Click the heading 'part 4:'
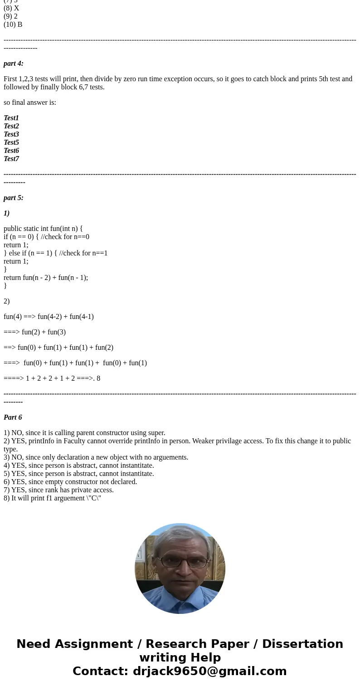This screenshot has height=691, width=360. [x=14, y=64]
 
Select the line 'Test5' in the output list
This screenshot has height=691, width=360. [x=11, y=142]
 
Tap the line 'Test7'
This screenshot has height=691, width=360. [x=11, y=159]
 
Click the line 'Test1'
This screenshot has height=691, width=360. [x=11, y=118]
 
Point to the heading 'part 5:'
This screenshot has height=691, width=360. [x=14, y=198]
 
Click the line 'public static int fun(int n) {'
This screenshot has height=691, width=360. [x=43, y=229]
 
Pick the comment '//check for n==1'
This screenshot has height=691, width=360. [x=83, y=253]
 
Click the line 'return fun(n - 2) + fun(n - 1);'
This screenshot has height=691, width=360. [x=46, y=278]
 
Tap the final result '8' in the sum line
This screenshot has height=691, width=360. [x=98, y=378]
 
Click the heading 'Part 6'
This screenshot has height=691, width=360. [x=13, y=417]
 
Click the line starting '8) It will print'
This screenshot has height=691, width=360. [x=52, y=498]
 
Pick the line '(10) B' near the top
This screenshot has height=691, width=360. [x=13, y=25]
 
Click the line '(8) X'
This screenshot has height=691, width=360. [x=11, y=8]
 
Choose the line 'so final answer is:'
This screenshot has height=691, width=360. [x=30, y=103]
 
